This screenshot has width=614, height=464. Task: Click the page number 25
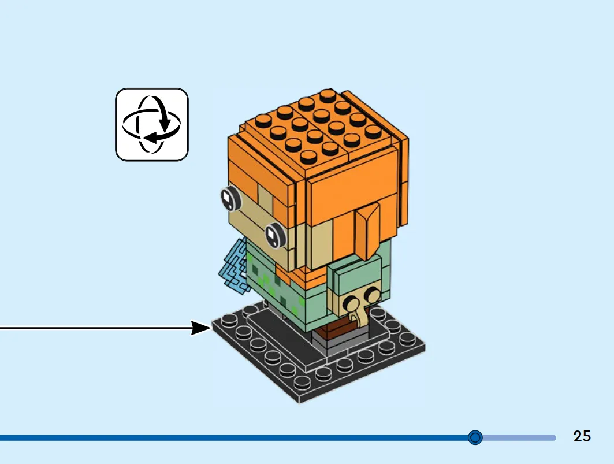tap(582, 436)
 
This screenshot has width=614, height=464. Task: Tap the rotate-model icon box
tap(152, 125)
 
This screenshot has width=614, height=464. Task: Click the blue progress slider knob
tap(475, 437)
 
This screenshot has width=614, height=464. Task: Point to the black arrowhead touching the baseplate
tap(201, 328)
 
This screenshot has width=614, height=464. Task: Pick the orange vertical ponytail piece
tap(367, 231)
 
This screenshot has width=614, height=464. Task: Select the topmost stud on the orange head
tap(328, 95)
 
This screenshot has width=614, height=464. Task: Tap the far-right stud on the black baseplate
tap(408, 338)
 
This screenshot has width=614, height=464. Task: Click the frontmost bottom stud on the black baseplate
tap(302, 383)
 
